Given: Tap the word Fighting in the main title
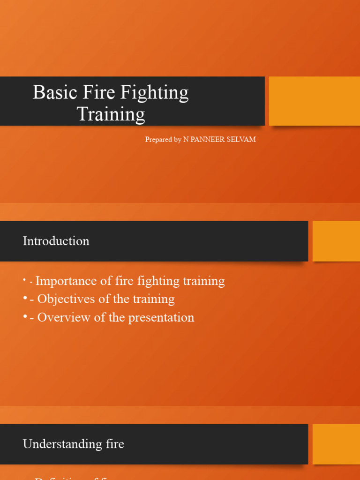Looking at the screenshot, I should coord(155,93).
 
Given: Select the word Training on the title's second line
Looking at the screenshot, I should coord(111,114).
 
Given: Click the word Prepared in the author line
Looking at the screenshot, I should coord(158,140).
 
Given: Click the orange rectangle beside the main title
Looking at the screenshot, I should coord(314,101).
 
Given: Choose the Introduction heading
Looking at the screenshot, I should coord(56,241).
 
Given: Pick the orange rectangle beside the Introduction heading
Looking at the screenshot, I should coord(336,241).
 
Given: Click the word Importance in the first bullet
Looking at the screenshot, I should coord(65,281).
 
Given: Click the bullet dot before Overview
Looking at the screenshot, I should coord(25,316).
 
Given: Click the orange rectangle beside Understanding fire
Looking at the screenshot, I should coord(336,444).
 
